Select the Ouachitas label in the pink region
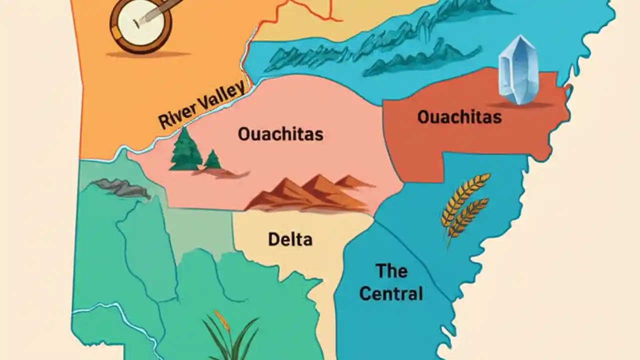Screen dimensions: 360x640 tap(280, 134)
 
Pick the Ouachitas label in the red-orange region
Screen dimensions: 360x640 tap(459, 117)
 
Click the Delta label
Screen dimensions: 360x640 tap(290, 239)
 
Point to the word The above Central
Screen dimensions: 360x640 tap(391, 271)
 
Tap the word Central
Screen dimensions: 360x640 tap(391, 293)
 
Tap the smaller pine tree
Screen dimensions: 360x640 tap(212, 160)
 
